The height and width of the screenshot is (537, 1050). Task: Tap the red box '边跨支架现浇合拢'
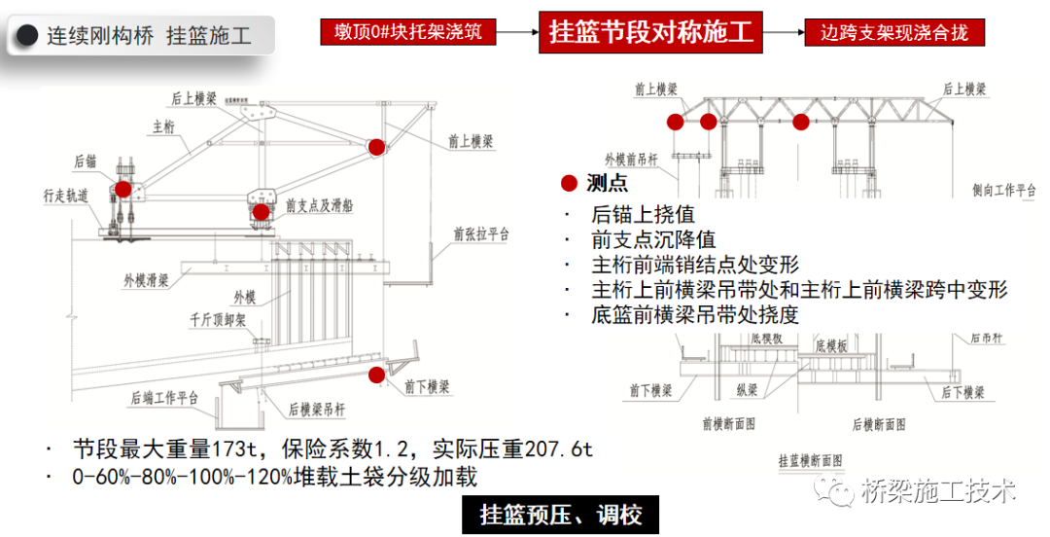tap(894, 32)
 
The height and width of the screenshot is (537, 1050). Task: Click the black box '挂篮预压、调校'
tap(560, 514)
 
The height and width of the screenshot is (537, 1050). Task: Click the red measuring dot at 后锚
tap(123, 189)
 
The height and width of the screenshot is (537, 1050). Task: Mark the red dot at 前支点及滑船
tap(261, 211)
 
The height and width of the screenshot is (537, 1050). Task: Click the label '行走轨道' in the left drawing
tap(66, 196)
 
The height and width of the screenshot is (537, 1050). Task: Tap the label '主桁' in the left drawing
tap(162, 126)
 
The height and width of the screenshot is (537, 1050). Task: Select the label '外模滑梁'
tap(147, 280)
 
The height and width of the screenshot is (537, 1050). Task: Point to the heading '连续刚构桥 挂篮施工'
tap(149, 37)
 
